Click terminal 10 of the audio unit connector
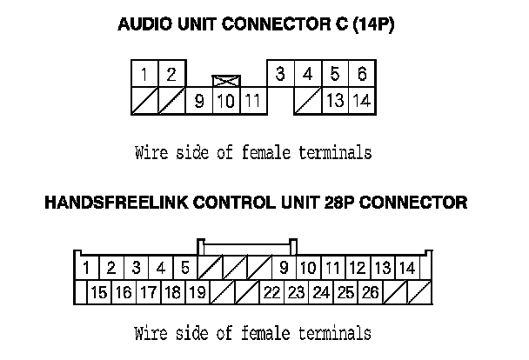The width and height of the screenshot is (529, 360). point(226,101)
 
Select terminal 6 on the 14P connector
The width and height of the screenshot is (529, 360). point(362,75)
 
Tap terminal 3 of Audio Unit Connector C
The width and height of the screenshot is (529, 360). point(279,75)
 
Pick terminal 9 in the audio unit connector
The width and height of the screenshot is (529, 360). point(199,101)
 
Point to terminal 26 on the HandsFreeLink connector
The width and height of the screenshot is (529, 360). point(370,292)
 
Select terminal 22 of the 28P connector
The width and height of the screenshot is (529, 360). point(271,292)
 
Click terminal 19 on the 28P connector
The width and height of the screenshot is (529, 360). point(198,292)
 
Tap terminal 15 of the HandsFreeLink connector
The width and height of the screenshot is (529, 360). point(99,292)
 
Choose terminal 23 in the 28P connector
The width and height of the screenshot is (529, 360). point(296,292)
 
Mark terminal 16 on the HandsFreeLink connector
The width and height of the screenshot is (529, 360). point(124,292)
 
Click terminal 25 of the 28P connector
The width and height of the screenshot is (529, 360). point(345,292)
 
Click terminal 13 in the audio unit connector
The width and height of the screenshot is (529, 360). point(335,101)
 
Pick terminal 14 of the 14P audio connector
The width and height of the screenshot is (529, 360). point(362,101)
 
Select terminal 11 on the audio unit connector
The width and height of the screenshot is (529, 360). point(252,101)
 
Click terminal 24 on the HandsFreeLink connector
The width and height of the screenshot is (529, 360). point(321,292)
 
